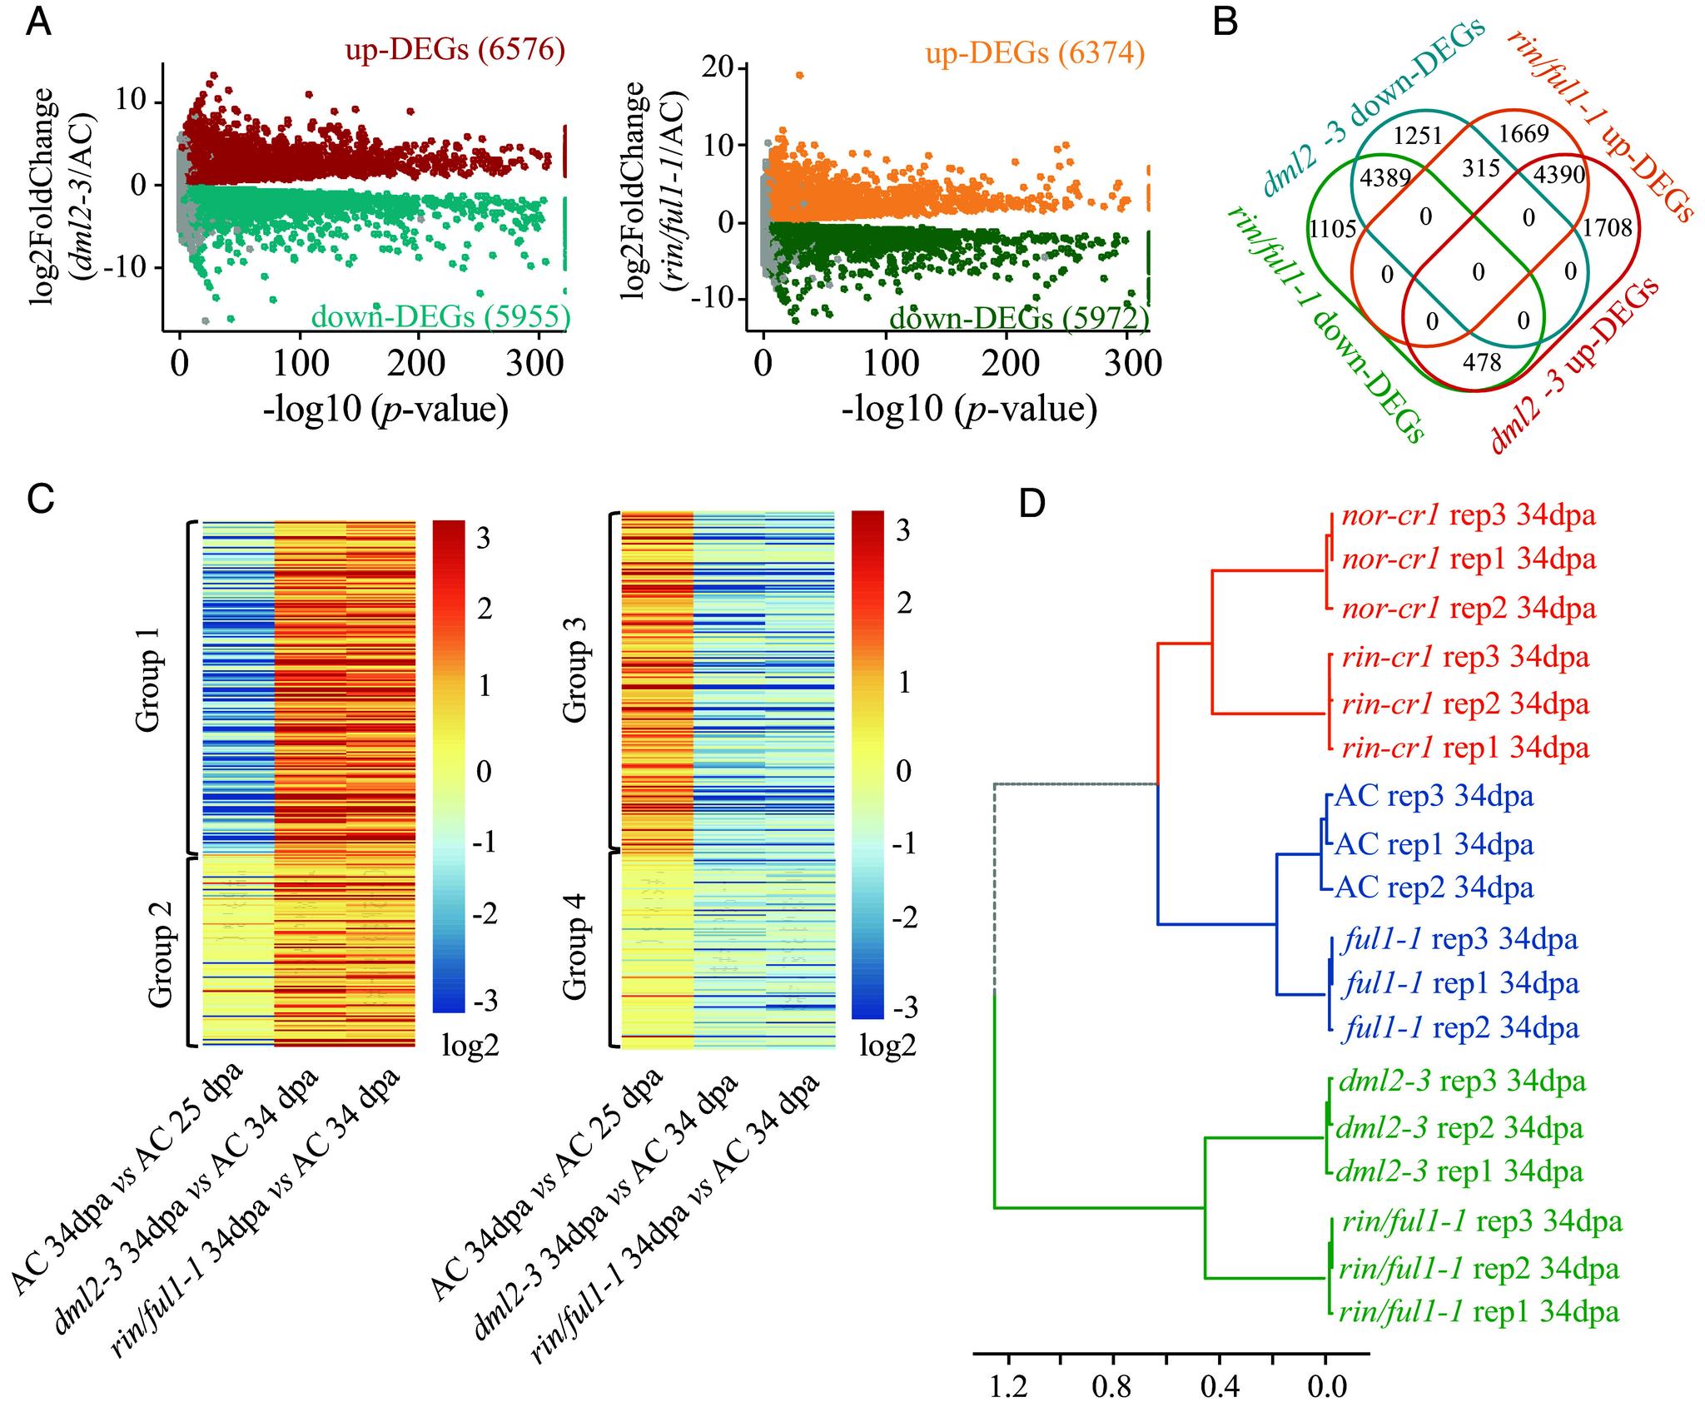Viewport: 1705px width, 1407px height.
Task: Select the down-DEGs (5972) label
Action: [1019, 318]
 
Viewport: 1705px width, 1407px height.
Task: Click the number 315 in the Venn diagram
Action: [1480, 168]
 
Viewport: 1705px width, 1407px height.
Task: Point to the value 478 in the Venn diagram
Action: [1482, 362]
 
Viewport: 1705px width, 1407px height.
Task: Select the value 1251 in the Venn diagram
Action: [1418, 136]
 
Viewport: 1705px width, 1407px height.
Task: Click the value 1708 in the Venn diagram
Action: [1607, 227]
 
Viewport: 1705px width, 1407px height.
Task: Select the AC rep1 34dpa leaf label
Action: [1434, 844]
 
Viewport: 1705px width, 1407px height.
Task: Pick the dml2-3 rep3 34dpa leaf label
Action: [1459, 1081]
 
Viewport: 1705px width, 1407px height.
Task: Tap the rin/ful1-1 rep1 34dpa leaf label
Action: [1478, 1312]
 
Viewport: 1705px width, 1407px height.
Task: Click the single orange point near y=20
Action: [800, 76]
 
